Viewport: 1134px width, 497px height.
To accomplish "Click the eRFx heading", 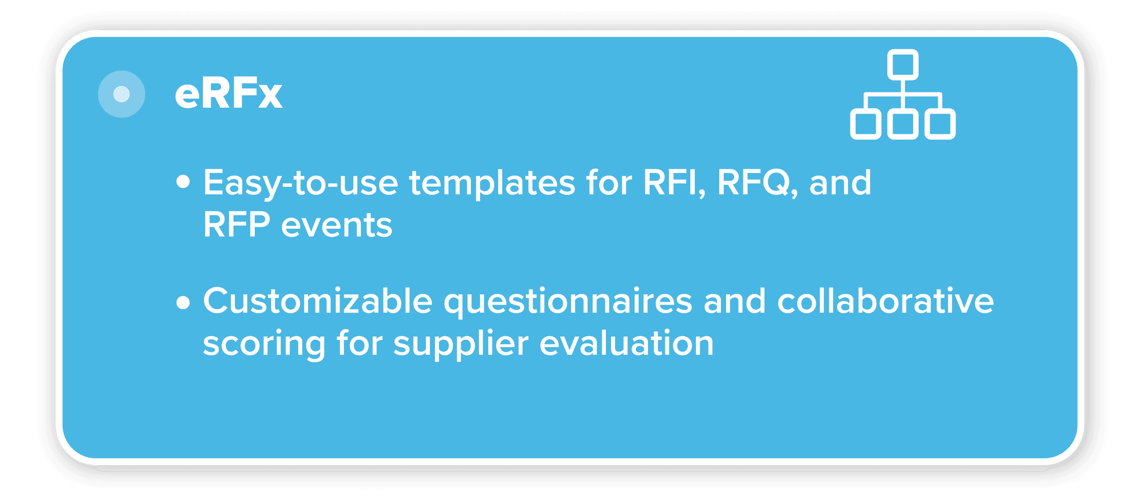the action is [228, 94].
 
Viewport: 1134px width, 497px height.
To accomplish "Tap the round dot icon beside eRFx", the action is [121, 94].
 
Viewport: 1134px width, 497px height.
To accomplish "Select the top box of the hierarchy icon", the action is [903, 64].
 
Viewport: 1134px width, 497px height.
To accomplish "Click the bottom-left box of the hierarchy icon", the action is [866, 125].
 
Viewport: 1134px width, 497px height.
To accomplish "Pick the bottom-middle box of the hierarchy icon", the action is [903, 125].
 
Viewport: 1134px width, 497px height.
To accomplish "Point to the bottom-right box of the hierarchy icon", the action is [940, 125].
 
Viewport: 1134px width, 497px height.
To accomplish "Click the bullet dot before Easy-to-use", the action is [183, 182].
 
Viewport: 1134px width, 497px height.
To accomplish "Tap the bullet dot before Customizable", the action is [183, 302].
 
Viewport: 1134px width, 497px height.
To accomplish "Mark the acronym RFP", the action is [237, 225].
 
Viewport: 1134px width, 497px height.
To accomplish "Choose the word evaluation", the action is [627, 343].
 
